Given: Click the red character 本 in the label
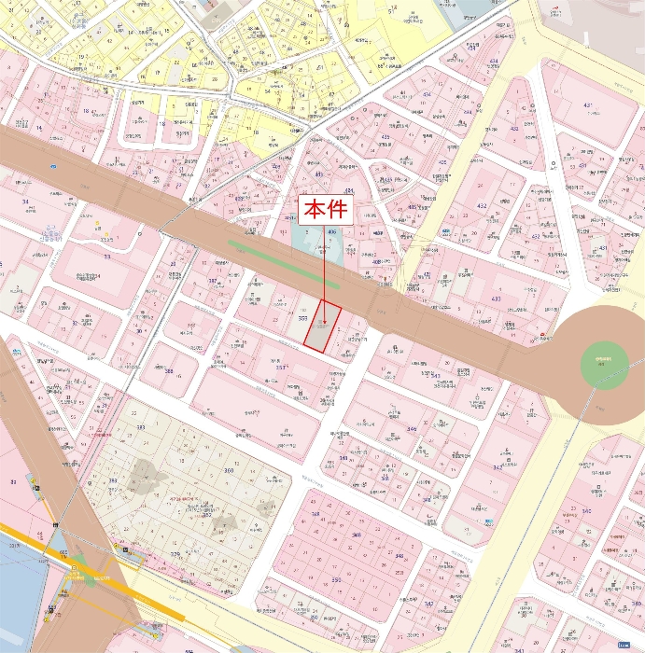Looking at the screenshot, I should [x=314, y=209].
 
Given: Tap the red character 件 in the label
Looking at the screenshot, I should [x=337, y=209].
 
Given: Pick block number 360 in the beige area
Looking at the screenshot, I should [x=229, y=470].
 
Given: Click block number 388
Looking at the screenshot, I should [x=169, y=370].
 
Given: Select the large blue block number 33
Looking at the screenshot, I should [x=107, y=257].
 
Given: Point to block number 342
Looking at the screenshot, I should [x=497, y=466].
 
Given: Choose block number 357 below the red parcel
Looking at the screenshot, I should [x=280, y=368].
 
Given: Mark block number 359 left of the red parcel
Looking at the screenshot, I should [x=302, y=318].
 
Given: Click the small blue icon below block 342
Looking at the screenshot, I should [x=490, y=521].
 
